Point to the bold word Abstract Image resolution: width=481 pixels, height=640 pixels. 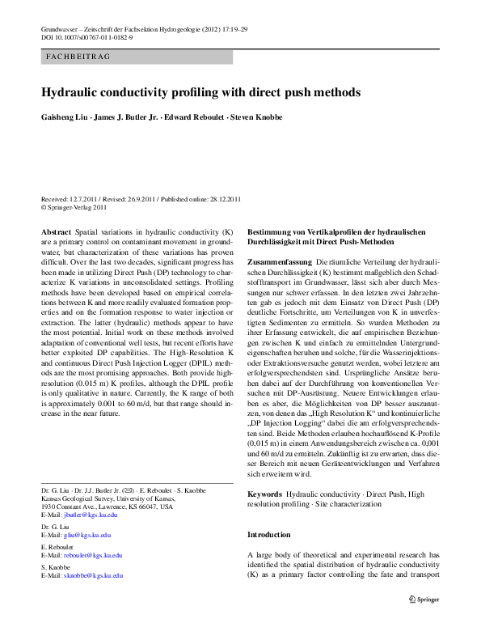pyautogui.click(x=56, y=231)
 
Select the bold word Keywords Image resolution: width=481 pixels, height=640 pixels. pyautogui.click(x=264, y=493)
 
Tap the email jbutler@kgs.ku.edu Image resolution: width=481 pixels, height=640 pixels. pyautogui.click(x=88, y=515)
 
